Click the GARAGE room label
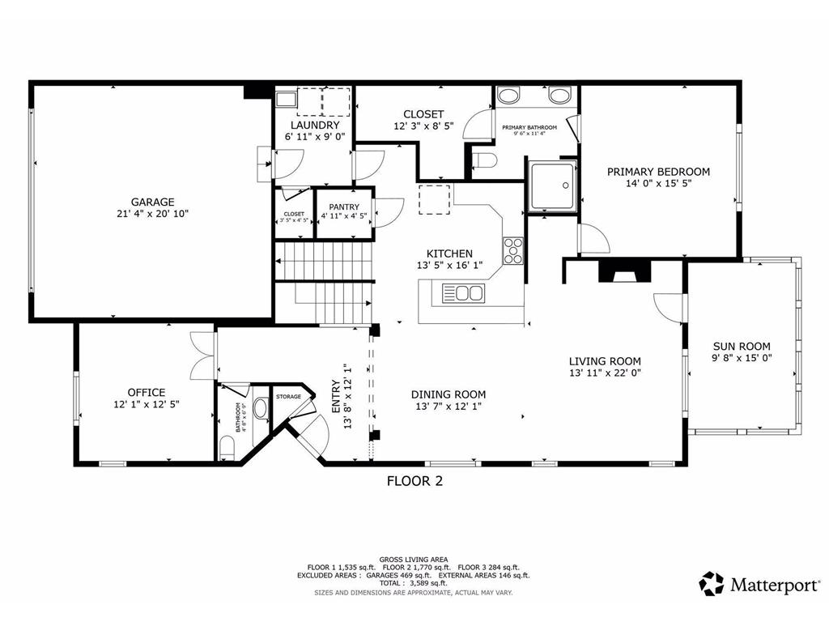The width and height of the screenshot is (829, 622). pos(153,202)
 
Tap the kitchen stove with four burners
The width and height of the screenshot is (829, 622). pos(512,250)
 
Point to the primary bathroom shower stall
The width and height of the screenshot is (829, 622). pos(552,185)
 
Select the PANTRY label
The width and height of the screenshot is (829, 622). pos(345,207)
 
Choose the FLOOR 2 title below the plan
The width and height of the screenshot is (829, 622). pos(414,481)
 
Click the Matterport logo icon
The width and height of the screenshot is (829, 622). pos(712,583)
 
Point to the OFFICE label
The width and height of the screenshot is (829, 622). pos(146,392)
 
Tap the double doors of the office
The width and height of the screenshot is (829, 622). pos(202,356)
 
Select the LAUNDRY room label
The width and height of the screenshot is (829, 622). pos(315,126)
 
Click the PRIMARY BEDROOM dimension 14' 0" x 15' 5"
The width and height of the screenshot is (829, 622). pos(658,184)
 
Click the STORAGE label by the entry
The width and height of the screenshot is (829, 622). pos(288,397)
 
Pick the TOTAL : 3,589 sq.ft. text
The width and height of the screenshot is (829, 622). pos(414,583)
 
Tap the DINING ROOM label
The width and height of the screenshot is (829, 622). pos(450,394)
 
